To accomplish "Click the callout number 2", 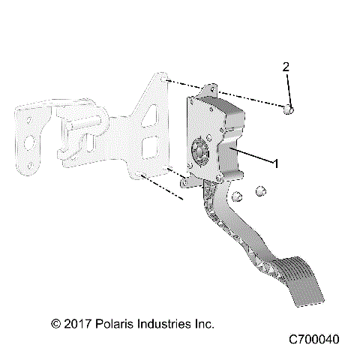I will tap(286, 67).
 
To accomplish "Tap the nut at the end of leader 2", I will tap(289, 110).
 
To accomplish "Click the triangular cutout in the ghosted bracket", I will tap(153, 115).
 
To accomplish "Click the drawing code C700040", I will tap(313, 340).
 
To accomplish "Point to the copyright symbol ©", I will tap(55, 324).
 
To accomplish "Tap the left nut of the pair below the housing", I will tap(235, 196).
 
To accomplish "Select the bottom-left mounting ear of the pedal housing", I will tap(185, 181).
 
